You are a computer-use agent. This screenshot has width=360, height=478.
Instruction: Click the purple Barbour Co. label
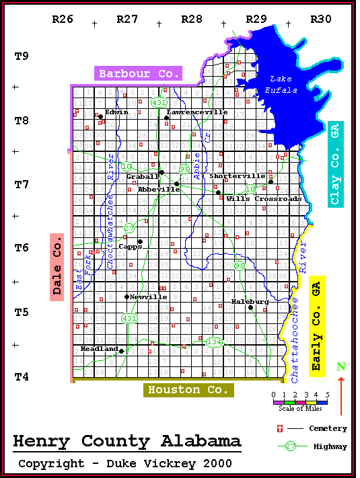[x=139, y=74]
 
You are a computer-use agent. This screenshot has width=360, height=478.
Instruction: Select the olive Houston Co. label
[x=188, y=390]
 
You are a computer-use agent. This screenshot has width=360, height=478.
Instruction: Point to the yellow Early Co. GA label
[x=318, y=325]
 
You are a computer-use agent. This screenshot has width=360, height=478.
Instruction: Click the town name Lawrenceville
[x=197, y=112]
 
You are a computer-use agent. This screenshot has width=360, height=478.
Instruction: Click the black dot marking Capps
[x=140, y=241]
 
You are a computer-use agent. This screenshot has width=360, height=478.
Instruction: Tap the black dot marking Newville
[x=127, y=296]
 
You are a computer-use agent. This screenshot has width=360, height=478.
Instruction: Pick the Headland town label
[x=98, y=349]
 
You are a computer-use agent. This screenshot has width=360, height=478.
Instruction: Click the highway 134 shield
[x=214, y=343]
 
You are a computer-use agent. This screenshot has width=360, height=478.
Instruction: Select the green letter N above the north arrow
[x=340, y=367]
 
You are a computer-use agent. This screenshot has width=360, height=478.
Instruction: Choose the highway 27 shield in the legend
[x=290, y=446]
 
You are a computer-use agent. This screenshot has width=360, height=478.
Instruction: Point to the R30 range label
[x=320, y=19]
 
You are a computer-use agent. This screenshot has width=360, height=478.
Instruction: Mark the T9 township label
[x=22, y=56]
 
